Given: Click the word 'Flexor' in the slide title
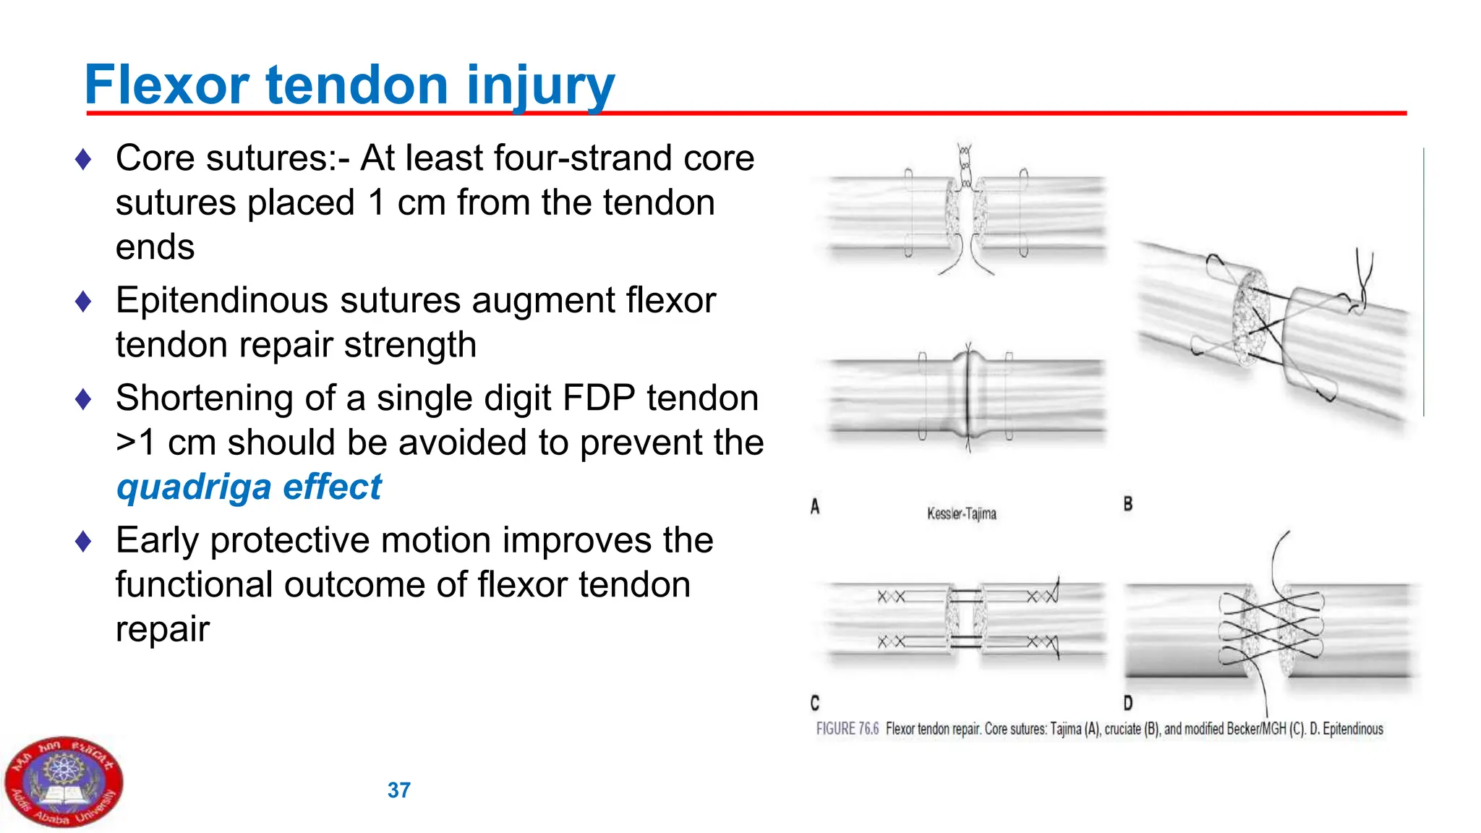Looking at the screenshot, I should click(x=166, y=85).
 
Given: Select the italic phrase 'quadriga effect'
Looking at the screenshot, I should click(x=249, y=487).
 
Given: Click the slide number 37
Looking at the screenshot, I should click(x=398, y=790).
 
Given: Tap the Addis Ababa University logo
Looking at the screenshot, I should click(x=64, y=782).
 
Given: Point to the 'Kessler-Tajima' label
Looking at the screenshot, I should click(x=961, y=514).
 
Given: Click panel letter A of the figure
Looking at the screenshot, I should click(x=815, y=507).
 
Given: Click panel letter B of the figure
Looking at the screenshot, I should click(x=1127, y=504).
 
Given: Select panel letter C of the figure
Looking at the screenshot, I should click(x=815, y=703).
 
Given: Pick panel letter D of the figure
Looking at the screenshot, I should click(x=1127, y=703).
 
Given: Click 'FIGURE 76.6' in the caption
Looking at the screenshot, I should click(x=847, y=729).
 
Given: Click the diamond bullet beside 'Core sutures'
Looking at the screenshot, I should click(x=83, y=159).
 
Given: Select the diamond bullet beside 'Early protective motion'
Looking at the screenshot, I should click(x=83, y=541).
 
